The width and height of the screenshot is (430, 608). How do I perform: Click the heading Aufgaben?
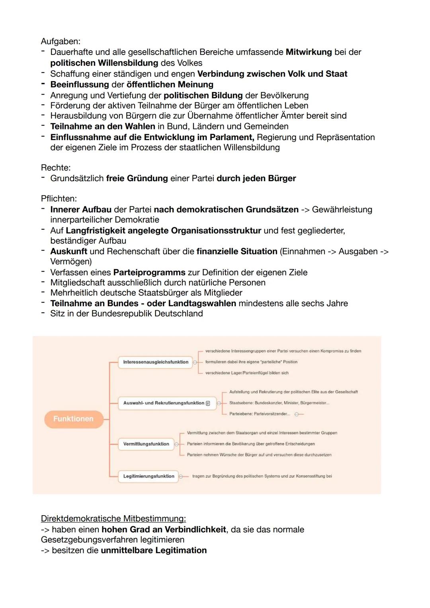(61, 41)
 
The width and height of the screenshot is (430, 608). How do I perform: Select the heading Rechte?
(55, 168)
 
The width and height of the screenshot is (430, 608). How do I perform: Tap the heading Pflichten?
(59, 199)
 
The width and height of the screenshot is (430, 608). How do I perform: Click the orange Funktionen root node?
(73, 419)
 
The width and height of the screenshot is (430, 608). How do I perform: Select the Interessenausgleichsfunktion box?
(155, 362)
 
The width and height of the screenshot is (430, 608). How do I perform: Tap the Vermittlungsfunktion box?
(146, 444)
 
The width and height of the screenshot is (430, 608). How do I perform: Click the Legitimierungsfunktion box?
(149, 476)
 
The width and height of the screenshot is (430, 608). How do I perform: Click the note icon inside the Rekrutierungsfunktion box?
(208, 403)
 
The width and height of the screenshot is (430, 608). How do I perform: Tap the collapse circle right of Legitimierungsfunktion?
(181, 476)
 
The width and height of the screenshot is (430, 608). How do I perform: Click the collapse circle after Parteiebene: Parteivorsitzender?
(297, 414)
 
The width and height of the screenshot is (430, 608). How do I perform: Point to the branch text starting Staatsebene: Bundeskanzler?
(279, 403)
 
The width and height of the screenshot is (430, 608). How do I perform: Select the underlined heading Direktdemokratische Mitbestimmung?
(113, 519)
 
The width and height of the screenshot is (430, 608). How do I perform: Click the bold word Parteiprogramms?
(149, 272)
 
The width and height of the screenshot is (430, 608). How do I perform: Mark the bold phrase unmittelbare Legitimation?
(154, 550)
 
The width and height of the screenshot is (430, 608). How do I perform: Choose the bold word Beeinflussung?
(79, 84)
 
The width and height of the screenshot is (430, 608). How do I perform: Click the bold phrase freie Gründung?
(137, 178)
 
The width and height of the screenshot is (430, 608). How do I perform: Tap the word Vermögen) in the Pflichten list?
(71, 262)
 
